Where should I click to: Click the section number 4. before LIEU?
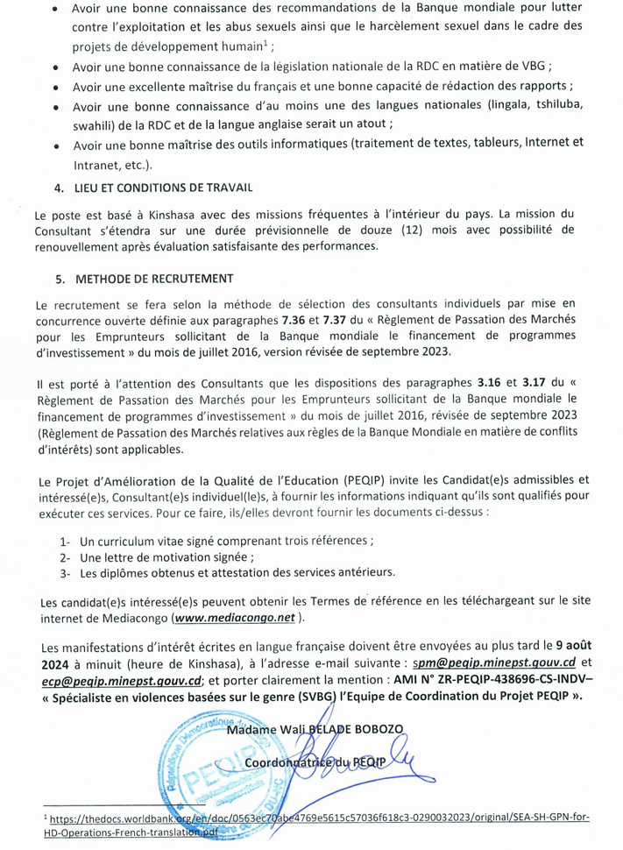click(59, 188)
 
